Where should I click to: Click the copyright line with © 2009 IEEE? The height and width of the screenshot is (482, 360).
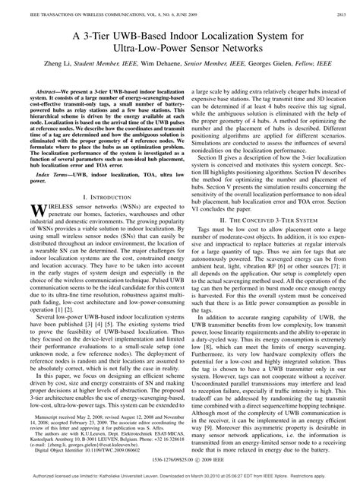coord(180,460)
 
